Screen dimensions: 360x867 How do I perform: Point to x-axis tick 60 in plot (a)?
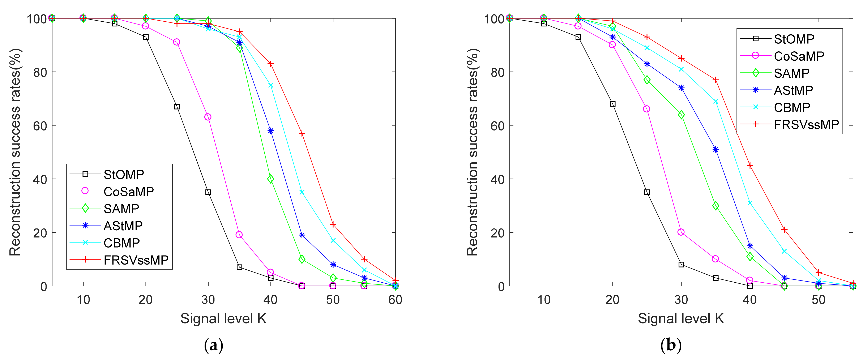click(x=395, y=299)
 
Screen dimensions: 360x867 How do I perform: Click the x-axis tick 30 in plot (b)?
click(x=681, y=299)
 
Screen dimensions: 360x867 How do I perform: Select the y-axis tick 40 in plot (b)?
click(x=497, y=179)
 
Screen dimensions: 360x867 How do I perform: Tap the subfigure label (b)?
click(x=671, y=345)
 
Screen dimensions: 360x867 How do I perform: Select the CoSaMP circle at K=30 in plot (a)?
click(x=208, y=117)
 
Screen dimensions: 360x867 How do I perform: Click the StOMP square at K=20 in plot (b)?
click(x=612, y=104)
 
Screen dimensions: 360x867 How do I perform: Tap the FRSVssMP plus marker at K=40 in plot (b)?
click(x=750, y=166)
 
